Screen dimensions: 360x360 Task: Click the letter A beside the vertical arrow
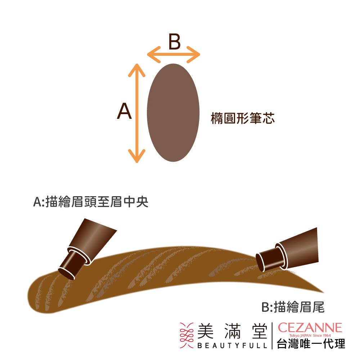(124, 111)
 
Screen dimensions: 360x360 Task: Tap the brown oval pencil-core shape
(173, 112)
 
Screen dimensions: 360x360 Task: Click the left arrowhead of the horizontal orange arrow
(153, 55)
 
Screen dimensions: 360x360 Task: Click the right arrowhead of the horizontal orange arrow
(194, 55)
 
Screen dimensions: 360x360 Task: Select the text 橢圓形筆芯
(242, 118)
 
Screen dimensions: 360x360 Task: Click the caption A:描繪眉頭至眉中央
(91, 202)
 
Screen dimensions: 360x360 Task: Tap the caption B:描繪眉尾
(293, 307)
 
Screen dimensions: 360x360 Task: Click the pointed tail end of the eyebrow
(323, 292)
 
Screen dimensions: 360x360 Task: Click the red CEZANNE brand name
(310, 328)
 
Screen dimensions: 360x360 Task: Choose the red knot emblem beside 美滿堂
(186, 335)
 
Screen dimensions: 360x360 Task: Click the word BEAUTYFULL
(232, 345)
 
